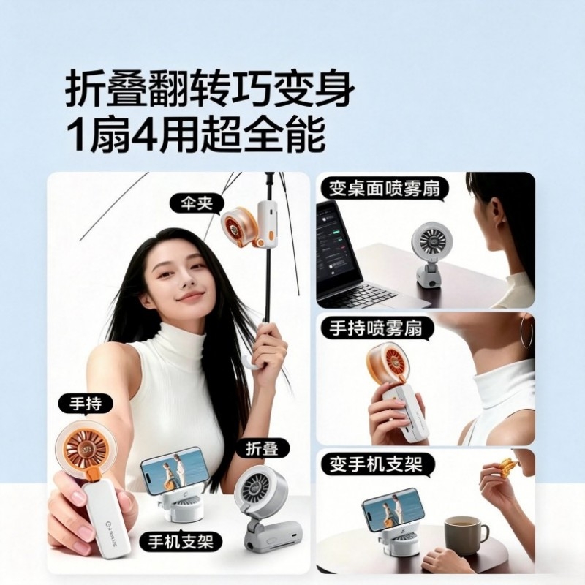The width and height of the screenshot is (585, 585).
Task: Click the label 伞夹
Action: click(x=197, y=204)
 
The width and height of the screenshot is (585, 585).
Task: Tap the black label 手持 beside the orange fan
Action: click(x=86, y=404)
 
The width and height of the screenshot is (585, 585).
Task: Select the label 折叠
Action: click(x=263, y=448)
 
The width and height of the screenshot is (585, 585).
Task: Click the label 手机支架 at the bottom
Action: click(x=181, y=542)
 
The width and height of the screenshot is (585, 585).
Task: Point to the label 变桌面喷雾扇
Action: click(x=385, y=189)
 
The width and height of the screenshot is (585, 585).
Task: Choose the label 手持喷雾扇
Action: click(x=375, y=328)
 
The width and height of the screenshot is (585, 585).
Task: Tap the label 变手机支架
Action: click(x=376, y=464)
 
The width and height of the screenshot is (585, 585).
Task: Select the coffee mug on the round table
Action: click(x=465, y=532)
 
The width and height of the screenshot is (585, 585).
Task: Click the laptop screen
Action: click(x=337, y=248)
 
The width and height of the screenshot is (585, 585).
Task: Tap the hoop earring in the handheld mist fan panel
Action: click(x=527, y=331)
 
